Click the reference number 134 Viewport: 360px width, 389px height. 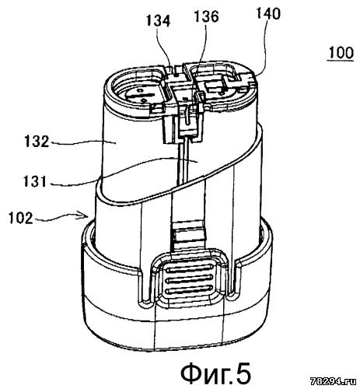(x=158, y=21)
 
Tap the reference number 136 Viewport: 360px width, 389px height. (x=207, y=16)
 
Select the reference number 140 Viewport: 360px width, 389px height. (x=268, y=13)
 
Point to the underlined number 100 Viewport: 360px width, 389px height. (x=340, y=53)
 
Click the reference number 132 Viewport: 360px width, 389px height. (x=37, y=142)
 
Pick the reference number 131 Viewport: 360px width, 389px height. (x=35, y=181)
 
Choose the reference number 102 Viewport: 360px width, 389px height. (x=21, y=218)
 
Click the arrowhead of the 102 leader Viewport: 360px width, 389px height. (x=85, y=216)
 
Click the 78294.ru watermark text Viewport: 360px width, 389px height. (x=334, y=381)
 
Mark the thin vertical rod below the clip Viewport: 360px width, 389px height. (x=183, y=162)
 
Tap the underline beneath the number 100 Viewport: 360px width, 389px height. (x=341, y=61)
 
